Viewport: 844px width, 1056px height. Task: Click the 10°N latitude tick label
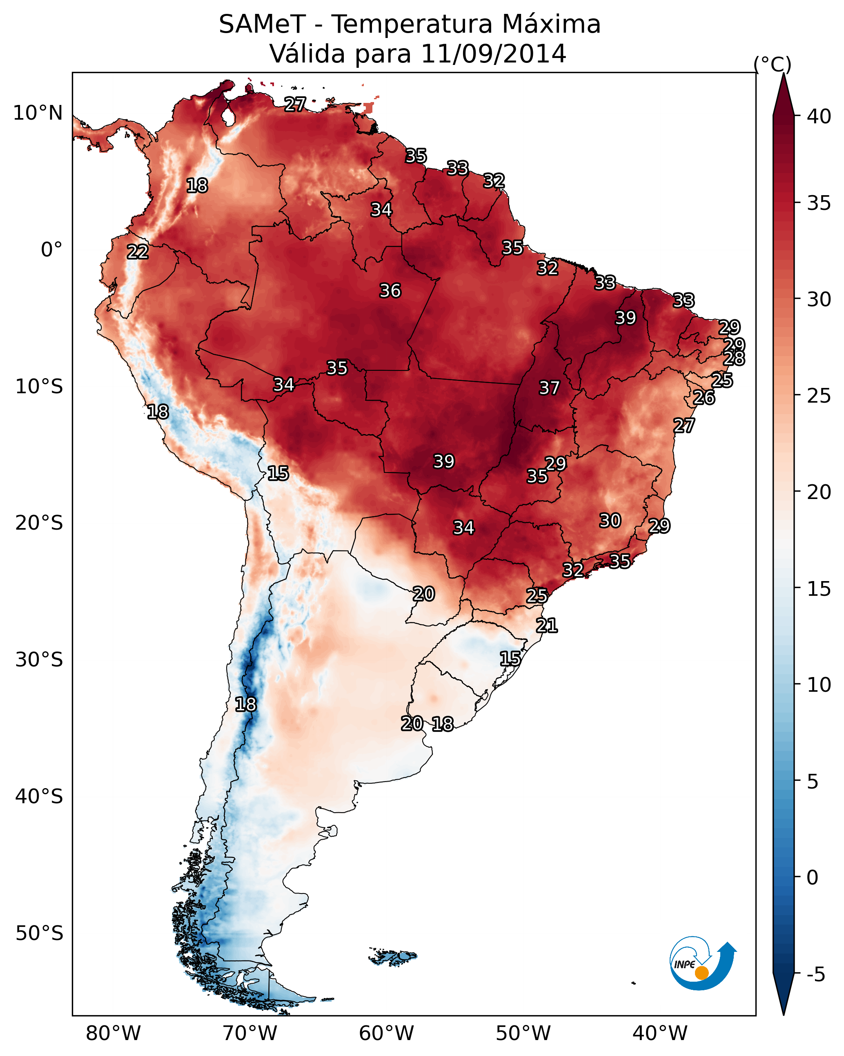click(x=38, y=113)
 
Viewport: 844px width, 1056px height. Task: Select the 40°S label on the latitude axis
click(x=39, y=796)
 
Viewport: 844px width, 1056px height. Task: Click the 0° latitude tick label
click(x=51, y=250)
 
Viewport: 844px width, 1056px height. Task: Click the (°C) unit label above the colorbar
click(x=772, y=64)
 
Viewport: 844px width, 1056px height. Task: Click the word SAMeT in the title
click(x=262, y=25)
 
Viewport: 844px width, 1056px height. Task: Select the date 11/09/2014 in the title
click(x=493, y=54)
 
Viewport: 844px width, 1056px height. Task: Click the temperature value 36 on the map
click(x=390, y=291)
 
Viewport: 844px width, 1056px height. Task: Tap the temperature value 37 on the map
click(x=549, y=388)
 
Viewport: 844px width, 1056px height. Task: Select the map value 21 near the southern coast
click(x=547, y=626)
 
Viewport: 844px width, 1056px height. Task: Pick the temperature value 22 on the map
click(x=138, y=252)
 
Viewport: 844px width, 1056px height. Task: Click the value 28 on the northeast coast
click(x=734, y=359)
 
